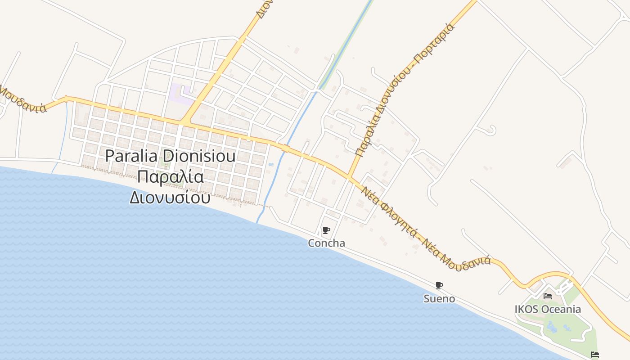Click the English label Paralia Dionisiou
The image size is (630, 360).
pos(171,156)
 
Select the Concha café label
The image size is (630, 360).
pos(326,243)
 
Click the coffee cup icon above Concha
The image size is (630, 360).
pos(326,231)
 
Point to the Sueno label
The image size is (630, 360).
pos(439,299)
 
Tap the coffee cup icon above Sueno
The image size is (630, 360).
pos(439,285)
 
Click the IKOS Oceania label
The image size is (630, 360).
pos(548,309)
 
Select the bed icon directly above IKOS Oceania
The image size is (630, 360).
pos(548,296)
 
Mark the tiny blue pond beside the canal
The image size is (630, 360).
pos(271,165)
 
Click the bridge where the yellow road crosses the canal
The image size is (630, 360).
pos(285,148)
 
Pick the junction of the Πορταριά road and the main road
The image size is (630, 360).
pos(350,176)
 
